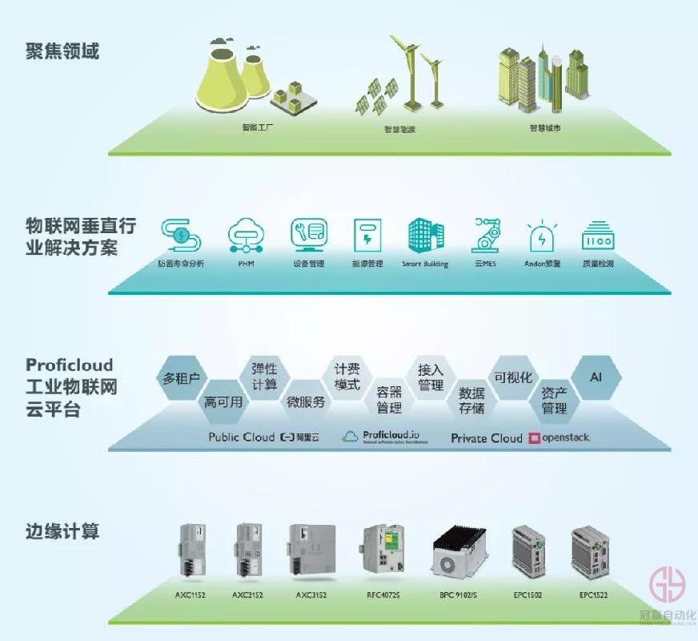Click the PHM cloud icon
tap(245, 235)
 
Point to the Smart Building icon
tap(425, 235)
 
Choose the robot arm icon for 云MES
tap(485, 234)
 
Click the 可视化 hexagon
tap(512, 377)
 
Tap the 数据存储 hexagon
tap(471, 401)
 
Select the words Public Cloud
tap(241, 437)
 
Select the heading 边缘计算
tap(62, 530)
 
